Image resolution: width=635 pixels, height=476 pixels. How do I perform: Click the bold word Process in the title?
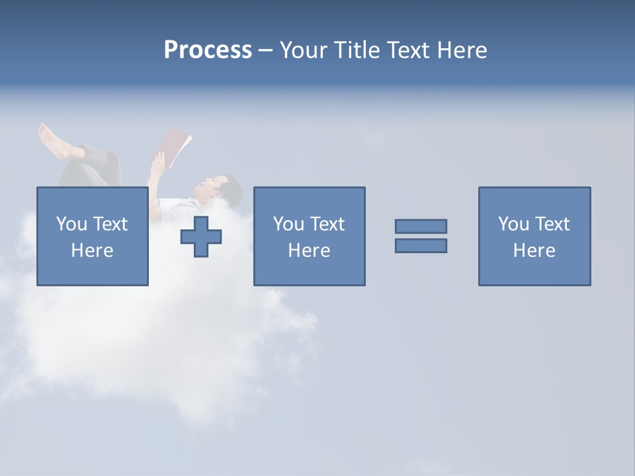[208, 50]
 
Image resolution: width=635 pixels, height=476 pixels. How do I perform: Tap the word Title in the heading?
[356, 50]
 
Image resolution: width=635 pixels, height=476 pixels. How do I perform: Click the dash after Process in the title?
[265, 51]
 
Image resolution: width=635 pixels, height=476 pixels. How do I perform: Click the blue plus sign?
[201, 237]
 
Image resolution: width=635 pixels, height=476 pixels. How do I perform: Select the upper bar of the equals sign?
[421, 226]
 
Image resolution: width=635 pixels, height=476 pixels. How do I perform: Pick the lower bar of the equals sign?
[421, 246]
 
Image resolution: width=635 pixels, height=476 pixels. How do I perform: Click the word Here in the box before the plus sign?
[92, 251]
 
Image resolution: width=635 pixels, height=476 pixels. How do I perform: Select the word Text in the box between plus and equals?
[327, 224]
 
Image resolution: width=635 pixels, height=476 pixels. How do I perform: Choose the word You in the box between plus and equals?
[289, 224]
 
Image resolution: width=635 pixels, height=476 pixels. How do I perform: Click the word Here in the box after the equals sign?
[534, 251]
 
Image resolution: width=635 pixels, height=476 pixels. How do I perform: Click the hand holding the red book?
[158, 161]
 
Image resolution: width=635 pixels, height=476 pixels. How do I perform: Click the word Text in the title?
[405, 50]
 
